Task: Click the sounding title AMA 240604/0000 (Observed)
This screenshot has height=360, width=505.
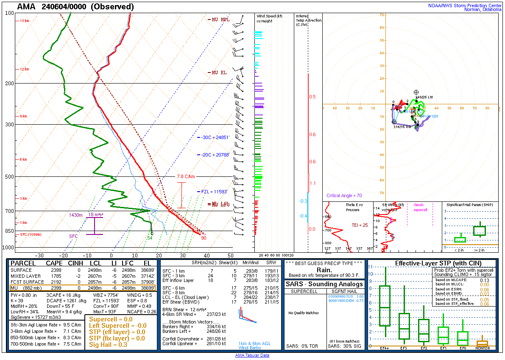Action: pos(75,7)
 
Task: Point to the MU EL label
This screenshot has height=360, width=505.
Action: pos(219,73)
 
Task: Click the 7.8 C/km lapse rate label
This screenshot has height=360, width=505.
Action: pos(186,176)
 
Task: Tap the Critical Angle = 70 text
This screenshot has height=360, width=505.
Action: pos(344,196)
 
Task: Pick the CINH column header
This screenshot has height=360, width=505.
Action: pos(69,263)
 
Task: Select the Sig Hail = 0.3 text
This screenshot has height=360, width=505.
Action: pos(108,345)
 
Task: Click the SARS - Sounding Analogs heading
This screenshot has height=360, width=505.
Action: pos(324,284)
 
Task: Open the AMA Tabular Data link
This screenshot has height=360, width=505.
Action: pos(252,355)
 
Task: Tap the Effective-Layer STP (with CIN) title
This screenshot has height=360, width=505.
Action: pos(431,263)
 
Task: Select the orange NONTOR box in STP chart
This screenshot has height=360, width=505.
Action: pos(482,343)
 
